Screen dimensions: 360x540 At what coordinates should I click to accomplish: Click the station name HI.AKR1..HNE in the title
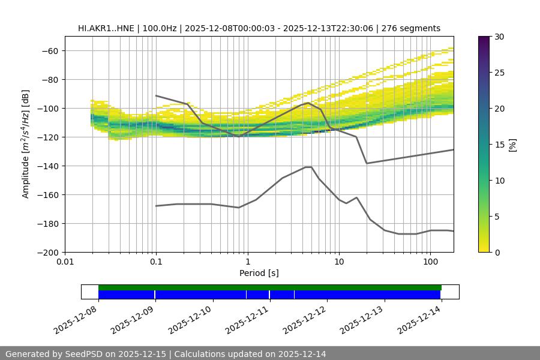103,28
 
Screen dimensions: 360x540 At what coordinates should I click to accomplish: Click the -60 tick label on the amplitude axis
49,50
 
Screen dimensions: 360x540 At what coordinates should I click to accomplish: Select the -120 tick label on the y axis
46,137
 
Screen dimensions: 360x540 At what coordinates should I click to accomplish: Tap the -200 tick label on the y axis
46,252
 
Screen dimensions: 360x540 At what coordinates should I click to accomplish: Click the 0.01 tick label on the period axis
65,262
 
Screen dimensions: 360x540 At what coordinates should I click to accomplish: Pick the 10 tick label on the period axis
338,262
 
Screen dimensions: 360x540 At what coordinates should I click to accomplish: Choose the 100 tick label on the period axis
430,262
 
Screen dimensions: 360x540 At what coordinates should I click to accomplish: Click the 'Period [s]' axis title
259,273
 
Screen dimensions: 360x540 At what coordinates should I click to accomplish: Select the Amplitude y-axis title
26,144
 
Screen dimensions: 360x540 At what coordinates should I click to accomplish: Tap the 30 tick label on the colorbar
499,37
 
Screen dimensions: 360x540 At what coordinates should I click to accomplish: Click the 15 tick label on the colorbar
499,145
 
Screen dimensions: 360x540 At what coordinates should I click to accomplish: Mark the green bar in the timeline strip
269,287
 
